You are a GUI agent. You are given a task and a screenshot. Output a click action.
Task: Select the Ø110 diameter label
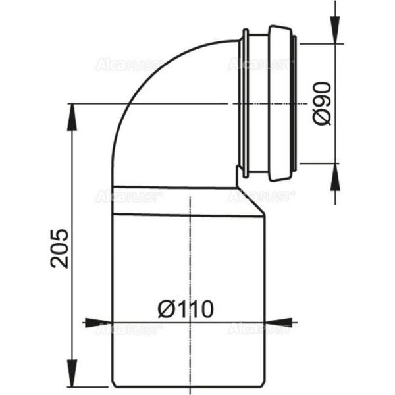185,309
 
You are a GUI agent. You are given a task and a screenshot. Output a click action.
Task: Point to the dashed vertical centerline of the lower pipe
190,263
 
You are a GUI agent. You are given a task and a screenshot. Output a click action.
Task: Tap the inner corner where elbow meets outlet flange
238,168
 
